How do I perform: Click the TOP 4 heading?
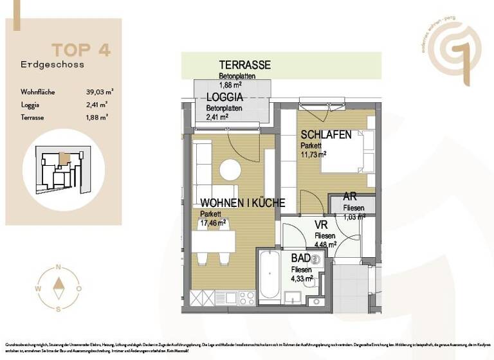pos(81,50)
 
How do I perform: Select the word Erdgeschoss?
pos(52,64)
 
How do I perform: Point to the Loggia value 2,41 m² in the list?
pos(96,104)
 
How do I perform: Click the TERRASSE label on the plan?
pos(244,65)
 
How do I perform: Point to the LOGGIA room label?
pos(224,97)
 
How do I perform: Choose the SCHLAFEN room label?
pos(326,134)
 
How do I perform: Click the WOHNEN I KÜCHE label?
pos(242,203)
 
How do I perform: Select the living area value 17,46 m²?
pos(213,223)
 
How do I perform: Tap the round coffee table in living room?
pos(230,170)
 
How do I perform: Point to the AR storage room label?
pos(350,197)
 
